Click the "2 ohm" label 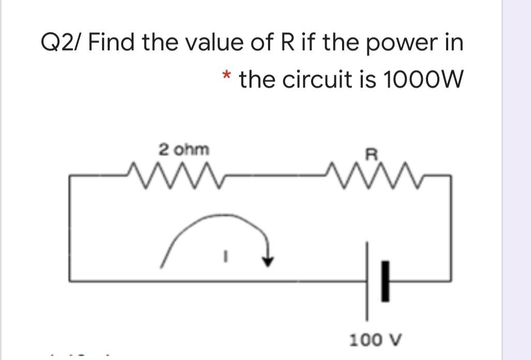click(184, 150)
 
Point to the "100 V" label click(372, 340)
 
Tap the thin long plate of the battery click(368, 280)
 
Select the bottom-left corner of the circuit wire click(70, 280)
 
